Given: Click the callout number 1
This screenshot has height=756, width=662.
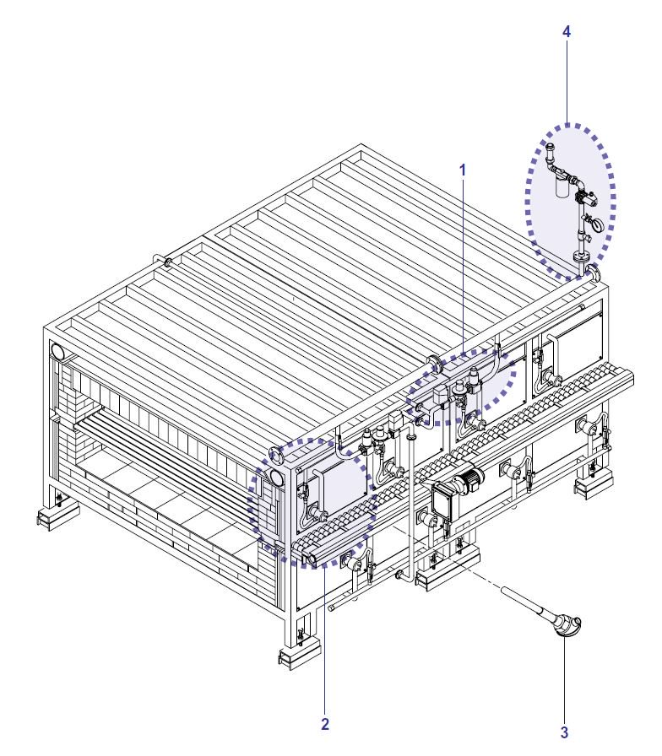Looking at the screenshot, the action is (463, 170).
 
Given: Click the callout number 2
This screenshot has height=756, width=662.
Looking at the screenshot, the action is (325, 724).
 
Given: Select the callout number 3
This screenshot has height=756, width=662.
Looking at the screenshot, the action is (564, 733).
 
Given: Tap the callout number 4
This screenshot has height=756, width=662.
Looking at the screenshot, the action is (567, 32).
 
